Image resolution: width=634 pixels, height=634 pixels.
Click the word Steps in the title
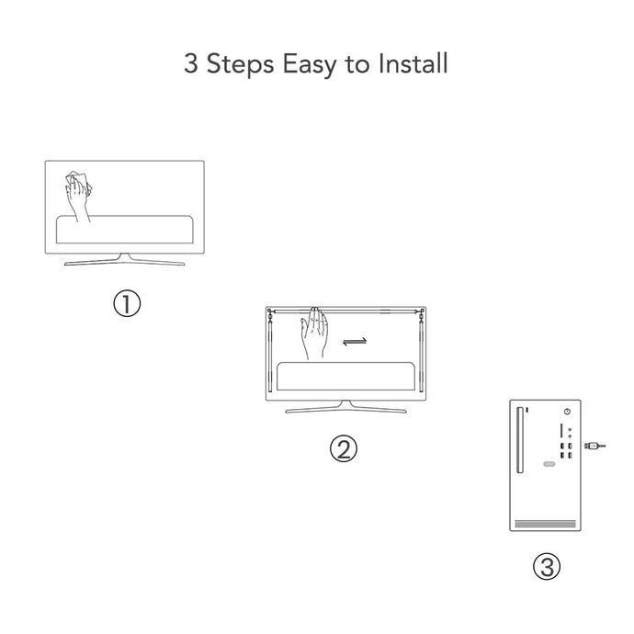pos(240,64)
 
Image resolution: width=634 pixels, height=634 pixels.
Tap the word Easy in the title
pos(310,65)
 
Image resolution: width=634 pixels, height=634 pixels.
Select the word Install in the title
pos(413,63)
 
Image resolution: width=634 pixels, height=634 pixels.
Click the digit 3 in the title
pos(191,63)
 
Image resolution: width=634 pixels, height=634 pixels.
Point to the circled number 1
pos(127,303)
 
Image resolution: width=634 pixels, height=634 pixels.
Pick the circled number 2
pos(344,448)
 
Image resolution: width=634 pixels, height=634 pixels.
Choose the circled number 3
pos(547,566)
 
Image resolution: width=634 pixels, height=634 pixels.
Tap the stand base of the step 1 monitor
pos(125,260)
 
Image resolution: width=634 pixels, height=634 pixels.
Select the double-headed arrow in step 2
pos(355,342)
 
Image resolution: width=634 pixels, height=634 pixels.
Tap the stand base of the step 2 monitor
pos(345,408)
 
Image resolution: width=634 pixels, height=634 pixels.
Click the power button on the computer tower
pos(567,412)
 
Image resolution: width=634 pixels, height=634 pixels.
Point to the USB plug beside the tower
pos(594,446)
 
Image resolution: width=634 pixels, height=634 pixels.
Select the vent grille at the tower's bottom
pos(545,524)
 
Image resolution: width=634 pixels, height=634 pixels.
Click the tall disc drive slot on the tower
pos(520,440)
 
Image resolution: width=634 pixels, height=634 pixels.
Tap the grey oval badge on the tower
pos(549,464)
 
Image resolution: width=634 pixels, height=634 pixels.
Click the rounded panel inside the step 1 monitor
pos(125,230)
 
